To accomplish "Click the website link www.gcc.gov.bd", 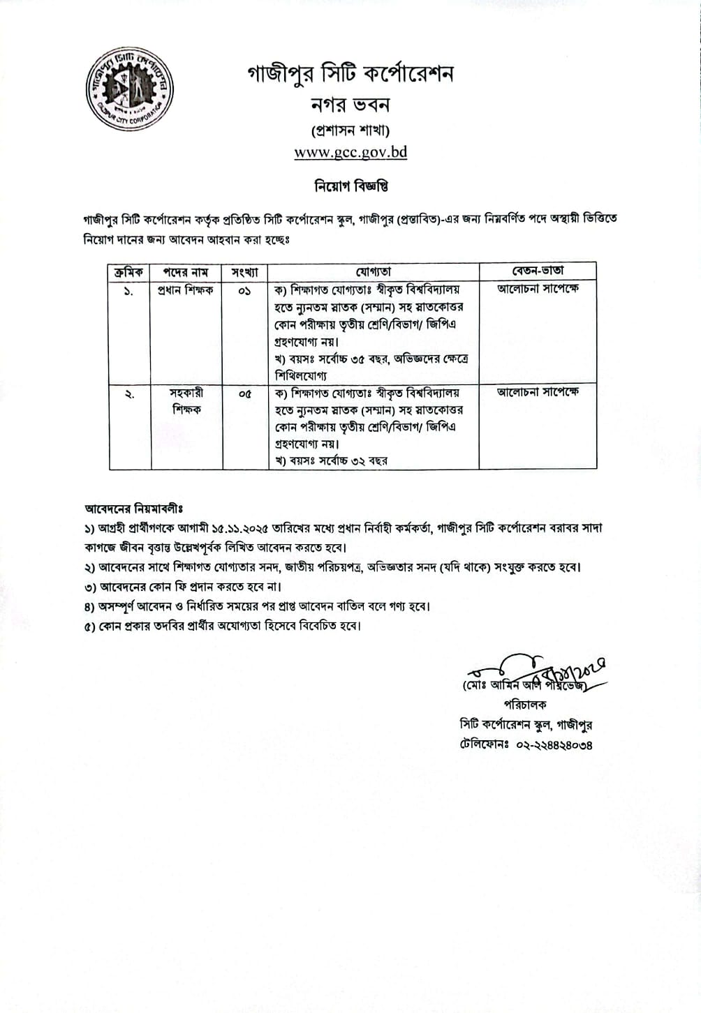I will click(350, 152).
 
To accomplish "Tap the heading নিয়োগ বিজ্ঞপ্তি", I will click(350, 186).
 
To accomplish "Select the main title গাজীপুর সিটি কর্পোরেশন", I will click(350, 73).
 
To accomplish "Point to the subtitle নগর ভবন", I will click(350, 105).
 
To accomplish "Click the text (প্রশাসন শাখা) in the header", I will click(350, 130).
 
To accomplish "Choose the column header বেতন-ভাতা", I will click(537, 271).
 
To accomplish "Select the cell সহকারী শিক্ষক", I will click(186, 401).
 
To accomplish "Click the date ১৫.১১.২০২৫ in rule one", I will click(260, 528).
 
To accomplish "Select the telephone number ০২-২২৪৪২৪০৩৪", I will click(554, 744).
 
